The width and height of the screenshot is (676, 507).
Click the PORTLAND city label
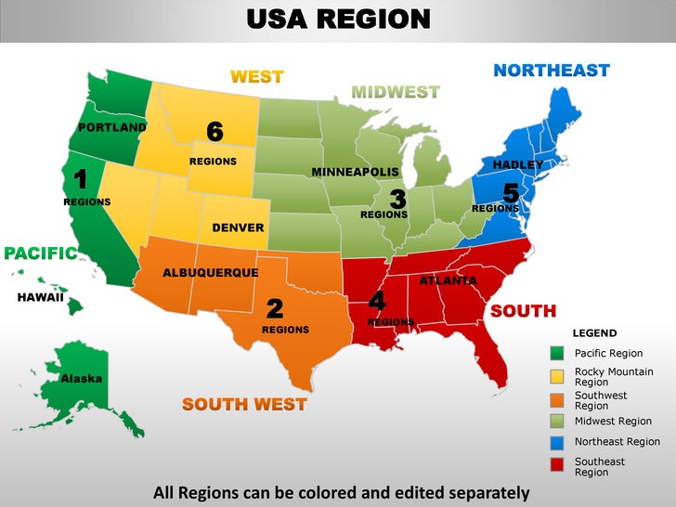111,127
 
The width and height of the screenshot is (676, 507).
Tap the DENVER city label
238,227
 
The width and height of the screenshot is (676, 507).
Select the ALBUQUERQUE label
210,273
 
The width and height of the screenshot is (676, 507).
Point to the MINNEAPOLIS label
355,173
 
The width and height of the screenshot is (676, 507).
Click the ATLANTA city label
448,280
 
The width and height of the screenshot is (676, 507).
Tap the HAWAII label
40,298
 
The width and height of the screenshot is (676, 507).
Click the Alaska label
82,379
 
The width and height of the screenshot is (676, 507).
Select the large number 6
214,133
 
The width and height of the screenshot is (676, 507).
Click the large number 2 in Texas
275,307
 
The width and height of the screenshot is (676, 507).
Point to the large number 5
510,194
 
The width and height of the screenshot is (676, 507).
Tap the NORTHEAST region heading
551,71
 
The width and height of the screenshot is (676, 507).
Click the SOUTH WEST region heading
244,404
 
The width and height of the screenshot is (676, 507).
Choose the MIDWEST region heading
396,92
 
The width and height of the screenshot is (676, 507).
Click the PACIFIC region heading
40,253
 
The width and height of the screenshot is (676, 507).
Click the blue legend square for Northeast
557,442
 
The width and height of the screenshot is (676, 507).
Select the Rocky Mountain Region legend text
614,377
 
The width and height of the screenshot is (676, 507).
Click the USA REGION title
338,19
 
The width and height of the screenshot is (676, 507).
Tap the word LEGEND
593,333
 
